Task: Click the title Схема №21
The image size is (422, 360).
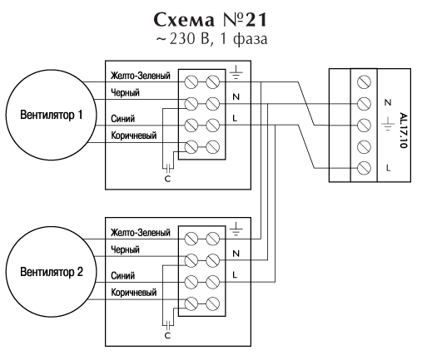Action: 211,20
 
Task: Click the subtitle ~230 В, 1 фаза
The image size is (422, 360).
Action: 211,39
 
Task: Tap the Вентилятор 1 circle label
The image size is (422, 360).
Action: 52,115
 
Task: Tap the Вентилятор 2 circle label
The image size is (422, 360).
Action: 52,272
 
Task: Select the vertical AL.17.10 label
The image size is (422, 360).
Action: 403,131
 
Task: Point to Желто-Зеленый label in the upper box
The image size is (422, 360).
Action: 141,76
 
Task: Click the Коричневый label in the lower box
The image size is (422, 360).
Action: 134,292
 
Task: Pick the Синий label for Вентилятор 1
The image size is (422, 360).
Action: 123,119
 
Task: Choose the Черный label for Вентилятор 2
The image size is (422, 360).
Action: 125,249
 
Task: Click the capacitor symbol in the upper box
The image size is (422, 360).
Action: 168,167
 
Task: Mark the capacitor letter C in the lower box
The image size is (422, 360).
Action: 167,336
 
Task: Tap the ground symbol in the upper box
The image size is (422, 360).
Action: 236,72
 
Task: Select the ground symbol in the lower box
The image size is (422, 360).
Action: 236,229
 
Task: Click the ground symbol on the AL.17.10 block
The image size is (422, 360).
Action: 388,124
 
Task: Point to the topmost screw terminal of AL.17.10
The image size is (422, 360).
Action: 364,82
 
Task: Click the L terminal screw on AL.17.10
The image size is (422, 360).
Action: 364,168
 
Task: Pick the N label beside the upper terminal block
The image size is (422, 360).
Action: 236,96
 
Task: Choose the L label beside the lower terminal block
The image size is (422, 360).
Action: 235,275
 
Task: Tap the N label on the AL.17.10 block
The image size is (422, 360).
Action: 388,102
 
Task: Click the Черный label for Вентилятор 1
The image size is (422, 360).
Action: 125,92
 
